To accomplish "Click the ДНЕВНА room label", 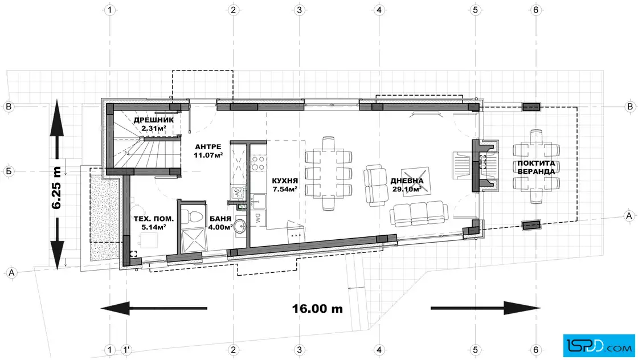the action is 407,181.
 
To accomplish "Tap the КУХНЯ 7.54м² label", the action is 285,185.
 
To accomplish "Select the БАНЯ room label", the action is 220,219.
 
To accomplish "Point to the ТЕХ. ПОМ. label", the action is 153,219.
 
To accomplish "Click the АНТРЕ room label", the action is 208,147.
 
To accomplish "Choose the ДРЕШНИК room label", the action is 153,120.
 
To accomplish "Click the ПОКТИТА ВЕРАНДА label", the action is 536,167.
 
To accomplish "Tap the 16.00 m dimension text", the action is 317,309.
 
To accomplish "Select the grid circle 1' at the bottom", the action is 126,350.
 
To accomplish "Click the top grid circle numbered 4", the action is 379,10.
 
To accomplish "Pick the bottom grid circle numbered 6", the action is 536,350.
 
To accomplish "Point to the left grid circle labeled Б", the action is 9,171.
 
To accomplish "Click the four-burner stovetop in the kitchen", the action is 258,163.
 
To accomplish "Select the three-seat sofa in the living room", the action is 419,214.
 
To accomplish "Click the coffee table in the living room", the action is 415,181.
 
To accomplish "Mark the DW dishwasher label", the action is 258,218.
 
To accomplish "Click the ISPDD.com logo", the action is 599,346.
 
